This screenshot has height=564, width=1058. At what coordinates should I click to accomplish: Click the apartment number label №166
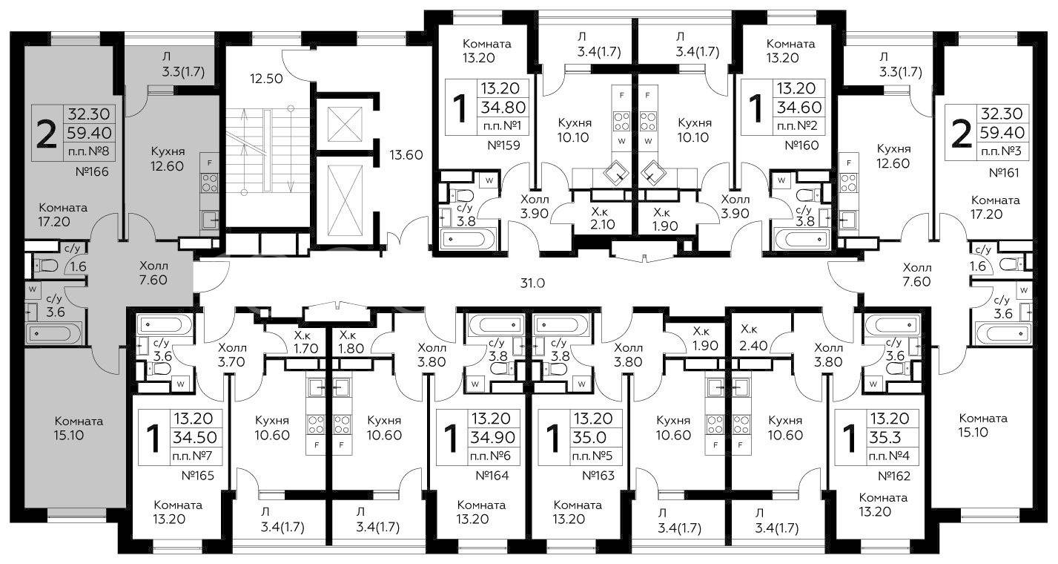point(92,171)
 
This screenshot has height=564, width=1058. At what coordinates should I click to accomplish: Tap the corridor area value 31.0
point(533,283)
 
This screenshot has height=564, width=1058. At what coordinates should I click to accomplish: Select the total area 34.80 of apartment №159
point(503,108)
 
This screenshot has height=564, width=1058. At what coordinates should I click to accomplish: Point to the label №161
point(1004,173)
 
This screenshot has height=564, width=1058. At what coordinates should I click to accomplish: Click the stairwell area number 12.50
point(266,79)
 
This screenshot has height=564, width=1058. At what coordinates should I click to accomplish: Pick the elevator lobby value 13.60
point(406,154)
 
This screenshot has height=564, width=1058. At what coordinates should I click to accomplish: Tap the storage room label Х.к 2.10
point(603,218)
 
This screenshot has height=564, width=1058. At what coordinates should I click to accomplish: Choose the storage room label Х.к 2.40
point(753,338)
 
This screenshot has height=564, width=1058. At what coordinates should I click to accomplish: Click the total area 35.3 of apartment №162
point(885,438)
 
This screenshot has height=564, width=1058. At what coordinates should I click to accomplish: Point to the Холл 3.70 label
point(232,355)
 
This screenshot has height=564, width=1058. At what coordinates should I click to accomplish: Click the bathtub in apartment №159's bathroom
point(468,239)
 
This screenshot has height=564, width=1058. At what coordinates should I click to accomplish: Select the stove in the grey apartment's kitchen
point(210,183)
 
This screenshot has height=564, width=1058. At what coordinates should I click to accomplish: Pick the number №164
point(492,475)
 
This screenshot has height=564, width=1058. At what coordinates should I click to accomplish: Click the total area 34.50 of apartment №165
point(194,438)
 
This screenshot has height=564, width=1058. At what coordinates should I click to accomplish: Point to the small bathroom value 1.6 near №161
point(978,266)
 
